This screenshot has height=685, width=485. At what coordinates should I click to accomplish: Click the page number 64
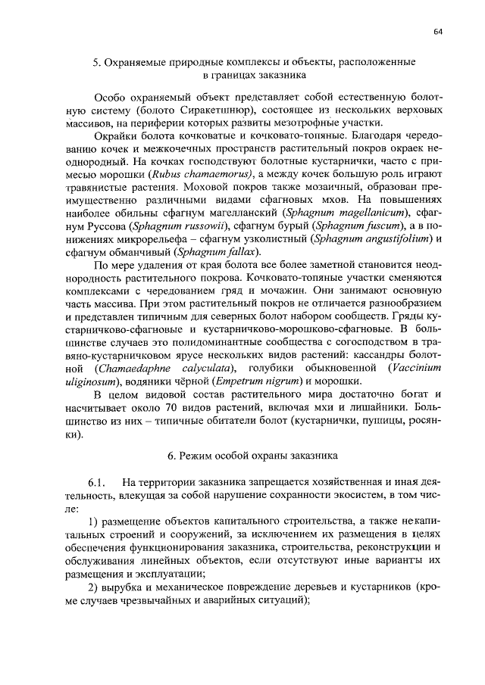click(438, 31)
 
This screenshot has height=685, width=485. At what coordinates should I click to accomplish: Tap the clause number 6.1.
click(102, 482)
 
